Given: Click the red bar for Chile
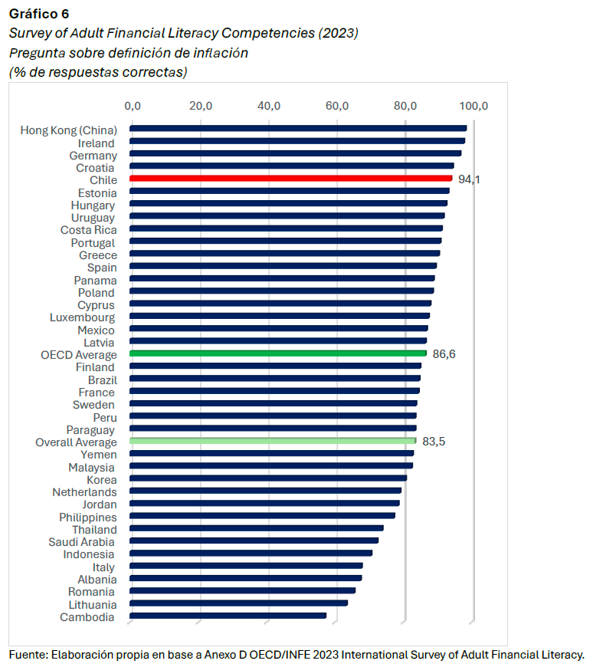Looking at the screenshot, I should point(291,179).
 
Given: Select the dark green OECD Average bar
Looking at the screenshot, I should point(278,353).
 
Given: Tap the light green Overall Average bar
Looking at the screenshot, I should point(273,441).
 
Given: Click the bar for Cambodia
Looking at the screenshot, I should point(228,616).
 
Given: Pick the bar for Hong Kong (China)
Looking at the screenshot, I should point(298,129).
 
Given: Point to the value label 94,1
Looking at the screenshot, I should point(469,179).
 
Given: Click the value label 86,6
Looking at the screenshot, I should point(444,354).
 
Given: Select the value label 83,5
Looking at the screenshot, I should point(434,442).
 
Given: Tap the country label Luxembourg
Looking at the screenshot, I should point(82,317).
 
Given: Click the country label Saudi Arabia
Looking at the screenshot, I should point(86,542).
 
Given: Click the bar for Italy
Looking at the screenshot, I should point(246,566).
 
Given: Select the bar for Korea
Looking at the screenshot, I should point(268,478).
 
